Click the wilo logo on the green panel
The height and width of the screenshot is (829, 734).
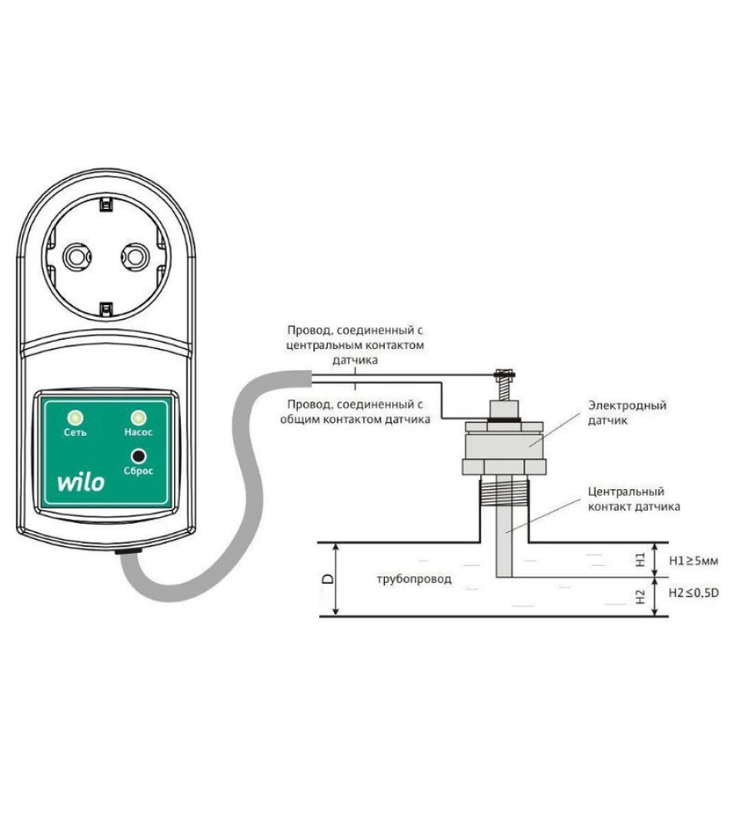pyautogui.click(x=81, y=482)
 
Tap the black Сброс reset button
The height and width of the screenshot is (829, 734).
pyautogui.click(x=139, y=456)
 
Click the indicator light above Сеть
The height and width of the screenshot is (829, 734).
pyautogui.click(x=75, y=418)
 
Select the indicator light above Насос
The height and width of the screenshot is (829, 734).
pyautogui.click(x=139, y=418)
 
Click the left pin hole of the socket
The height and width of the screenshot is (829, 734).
pyautogui.click(x=77, y=257)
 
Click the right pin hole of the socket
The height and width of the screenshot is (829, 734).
pyautogui.click(x=135, y=257)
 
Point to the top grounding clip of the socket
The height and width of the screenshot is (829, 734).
pyautogui.click(x=106, y=204)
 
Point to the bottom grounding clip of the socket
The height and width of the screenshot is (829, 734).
pyautogui.click(x=106, y=309)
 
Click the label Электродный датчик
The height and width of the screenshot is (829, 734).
pyautogui.click(x=627, y=413)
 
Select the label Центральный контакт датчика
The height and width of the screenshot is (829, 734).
pyautogui.click(x=634, y=499)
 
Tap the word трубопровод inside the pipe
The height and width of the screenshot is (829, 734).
pyautogui.click(x=414, y=579)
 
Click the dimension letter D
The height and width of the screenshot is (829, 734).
pyautogui.click(x=328, y=579)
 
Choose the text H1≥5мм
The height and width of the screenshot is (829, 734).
pyautogui.click(x=693, y=560)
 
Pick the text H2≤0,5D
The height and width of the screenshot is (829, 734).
pyautogui.click(x=693, y=593)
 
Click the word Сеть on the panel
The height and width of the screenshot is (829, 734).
pyautogui.click(x=75, y=433)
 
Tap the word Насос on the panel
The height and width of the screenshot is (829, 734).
pyautogui.click(x=139, y=433)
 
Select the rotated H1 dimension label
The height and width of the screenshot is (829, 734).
pyautogui.click(x=640, y=560)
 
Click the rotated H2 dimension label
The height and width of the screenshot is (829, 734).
pyautogui.click(x=640, y=597)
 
